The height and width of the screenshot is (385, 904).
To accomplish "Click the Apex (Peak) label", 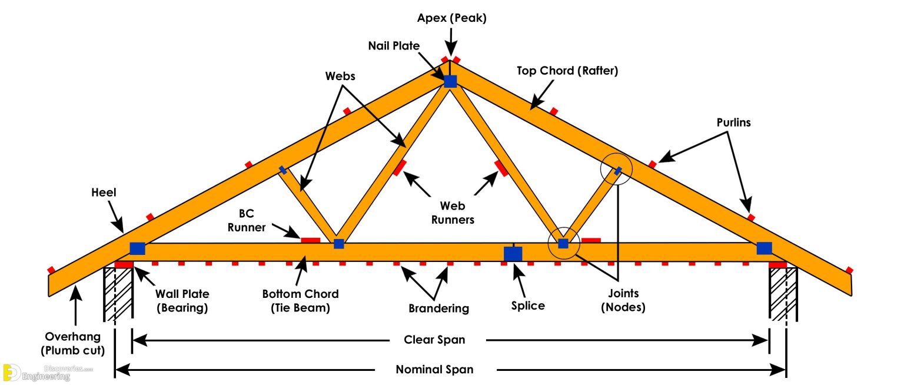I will click(x=451, y=18).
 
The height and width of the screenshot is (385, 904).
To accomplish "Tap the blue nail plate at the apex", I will click(x=450, y=81).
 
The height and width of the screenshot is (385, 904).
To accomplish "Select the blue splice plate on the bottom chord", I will click(x=513, y=254).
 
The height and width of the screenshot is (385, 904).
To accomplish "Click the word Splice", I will click(x=528, y=306).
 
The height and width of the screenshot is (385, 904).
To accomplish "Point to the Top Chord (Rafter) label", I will click(x=567, y=71).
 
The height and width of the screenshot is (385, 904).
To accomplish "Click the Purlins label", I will click(x=733, y=123).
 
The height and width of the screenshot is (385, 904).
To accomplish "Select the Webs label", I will click(x=341, y=77).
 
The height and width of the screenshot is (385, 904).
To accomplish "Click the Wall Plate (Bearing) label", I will click(x=182, y=300).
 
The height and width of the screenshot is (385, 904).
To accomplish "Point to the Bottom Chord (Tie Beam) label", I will click(x=300, y=300).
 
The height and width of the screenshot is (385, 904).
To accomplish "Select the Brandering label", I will click(x=438, y=308).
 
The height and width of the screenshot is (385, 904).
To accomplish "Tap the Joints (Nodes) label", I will click(x=623, y=300).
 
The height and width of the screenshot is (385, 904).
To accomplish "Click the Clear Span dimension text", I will click(x=434, y=340).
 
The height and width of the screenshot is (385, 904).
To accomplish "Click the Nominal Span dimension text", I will click(x=434, y=370).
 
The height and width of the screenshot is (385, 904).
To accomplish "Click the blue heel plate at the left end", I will click(x=137, y=248).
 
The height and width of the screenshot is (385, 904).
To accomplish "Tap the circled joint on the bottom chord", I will click(x=563, y=243).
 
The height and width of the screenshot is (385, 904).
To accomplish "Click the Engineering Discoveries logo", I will click(x=41, y=373).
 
